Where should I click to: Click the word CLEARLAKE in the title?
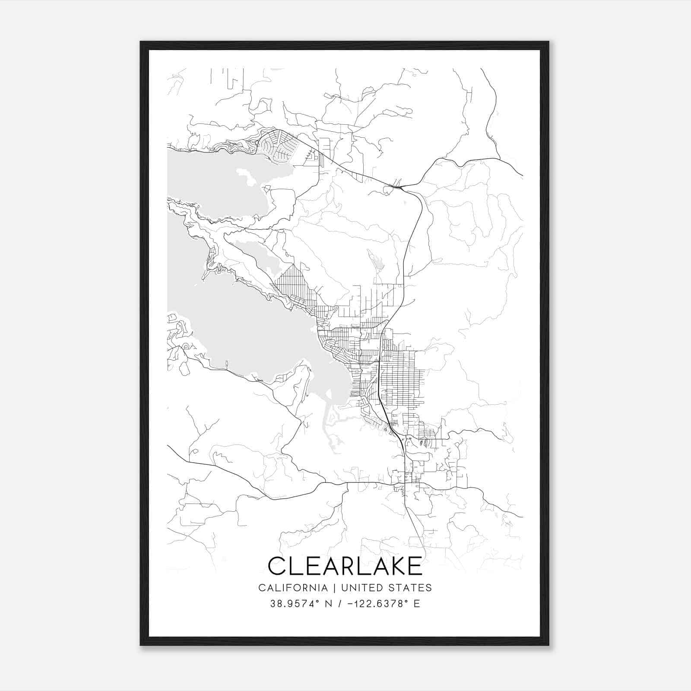coord(345,566)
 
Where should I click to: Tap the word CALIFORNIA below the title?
coord(293,588)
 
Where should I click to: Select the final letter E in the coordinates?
coord(417,604)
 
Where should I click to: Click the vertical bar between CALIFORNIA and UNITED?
coord(334,588)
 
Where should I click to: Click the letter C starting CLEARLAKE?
coord(277,566)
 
